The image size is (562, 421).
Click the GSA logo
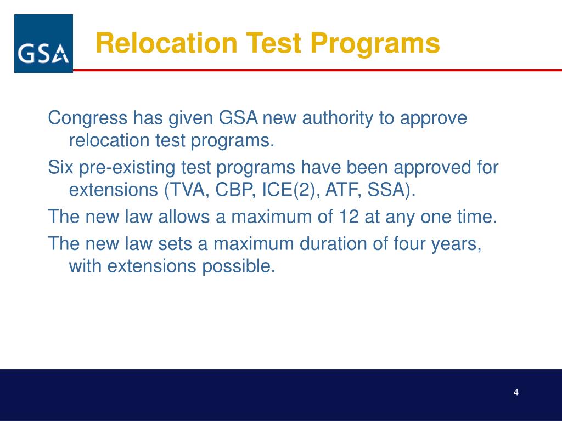tap(43, 44)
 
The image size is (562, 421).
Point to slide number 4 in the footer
tap(516, 392)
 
